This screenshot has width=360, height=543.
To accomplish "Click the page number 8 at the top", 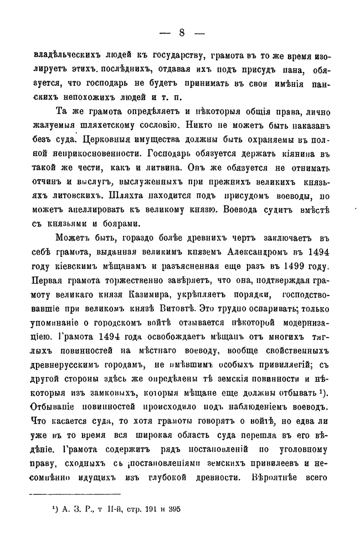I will click(181, 32).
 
